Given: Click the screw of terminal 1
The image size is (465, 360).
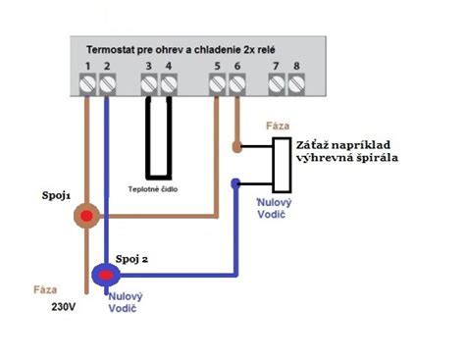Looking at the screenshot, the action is coord(87,84).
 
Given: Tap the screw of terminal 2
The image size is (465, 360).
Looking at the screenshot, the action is coord(108,84).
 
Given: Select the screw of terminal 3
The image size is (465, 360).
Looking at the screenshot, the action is coord(149,84).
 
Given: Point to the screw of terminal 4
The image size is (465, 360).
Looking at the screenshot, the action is coord(169,84).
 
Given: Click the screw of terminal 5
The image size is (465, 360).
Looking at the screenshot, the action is coord(217,84).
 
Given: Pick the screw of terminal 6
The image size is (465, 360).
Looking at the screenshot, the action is coord(237,84).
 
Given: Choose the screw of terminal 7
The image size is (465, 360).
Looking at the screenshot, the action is coord(277,84).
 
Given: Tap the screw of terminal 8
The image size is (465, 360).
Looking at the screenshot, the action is coord(296,84).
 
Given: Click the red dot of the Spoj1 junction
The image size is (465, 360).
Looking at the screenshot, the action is coord(86,216).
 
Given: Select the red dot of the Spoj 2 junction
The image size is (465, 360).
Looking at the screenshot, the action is coord(105,276).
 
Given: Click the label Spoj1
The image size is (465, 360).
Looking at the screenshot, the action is coord(56,196).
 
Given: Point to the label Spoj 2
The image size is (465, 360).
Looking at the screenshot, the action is coord(131,259).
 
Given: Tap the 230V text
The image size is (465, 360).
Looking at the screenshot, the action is coord(64,307).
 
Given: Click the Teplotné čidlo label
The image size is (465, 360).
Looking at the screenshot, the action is coord(153,189).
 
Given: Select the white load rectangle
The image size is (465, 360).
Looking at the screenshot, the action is coord(283,165).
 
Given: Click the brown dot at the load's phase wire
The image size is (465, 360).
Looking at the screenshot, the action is coord(237,147).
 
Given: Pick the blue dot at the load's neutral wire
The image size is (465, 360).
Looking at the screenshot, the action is coord(235,183).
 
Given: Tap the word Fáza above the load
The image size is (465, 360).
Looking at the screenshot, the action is coord(278,126).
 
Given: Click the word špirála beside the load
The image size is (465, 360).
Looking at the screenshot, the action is coord(379,158).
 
